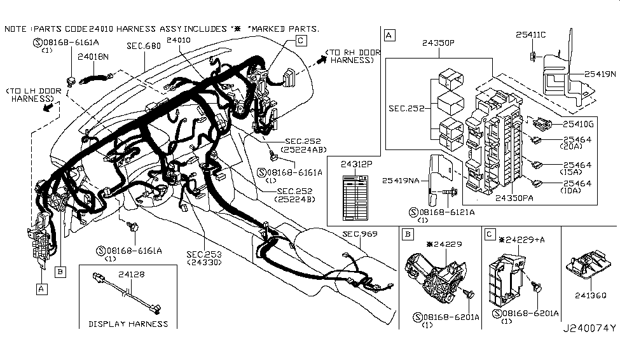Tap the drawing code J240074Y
pyautogui.click(x=589, y=329)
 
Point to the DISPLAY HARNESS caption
pyautogui.click(x=128, y=324)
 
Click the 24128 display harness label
pyautogui.click(x=131, y=274)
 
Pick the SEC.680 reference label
pyautogui.click(x=143, y=46)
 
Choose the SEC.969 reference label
pyautogui.click(x=360, y=234)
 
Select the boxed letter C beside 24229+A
pyautogui.click(x=490, y=235)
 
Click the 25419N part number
pyautogui.click(x=601, y=74)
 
